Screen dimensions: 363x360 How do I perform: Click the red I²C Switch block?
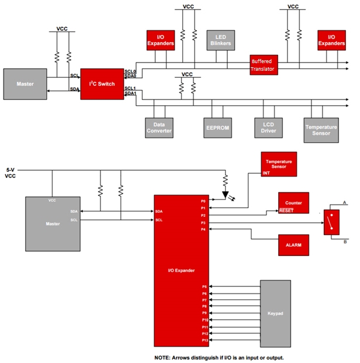[102, 84]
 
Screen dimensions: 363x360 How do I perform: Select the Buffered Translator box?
[264, 65]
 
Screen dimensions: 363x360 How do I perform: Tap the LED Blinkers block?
[220, 40]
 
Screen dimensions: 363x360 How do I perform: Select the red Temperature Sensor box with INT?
[279, 164]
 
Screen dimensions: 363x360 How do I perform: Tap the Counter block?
[293, 203]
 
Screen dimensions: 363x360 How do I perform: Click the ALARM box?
[293, 246]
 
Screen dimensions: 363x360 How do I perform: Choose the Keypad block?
[276, 314]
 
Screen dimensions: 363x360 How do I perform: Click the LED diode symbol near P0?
[226, 194]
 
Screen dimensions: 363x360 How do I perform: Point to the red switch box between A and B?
[332, 222]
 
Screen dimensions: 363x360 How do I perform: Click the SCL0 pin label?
[130, 71]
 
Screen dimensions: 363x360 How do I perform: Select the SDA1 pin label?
[130, 94]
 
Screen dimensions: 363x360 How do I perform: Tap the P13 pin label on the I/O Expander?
[205, 340]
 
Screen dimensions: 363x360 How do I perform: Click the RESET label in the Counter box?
[286, 210]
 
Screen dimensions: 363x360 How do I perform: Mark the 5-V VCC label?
[11, 172]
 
